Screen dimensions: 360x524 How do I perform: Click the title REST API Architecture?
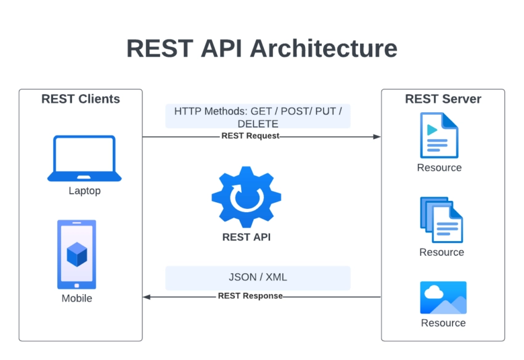click(x=261, y=48)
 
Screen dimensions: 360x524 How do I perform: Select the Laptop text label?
click(x=84, y=191)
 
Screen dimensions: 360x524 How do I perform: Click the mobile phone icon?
click(x=77, y=254)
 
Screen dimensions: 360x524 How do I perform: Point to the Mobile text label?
click(x=77, y=298)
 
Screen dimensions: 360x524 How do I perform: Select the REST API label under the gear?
click(x=246, y=237)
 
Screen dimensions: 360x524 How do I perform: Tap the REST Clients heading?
click(x=81, y=99)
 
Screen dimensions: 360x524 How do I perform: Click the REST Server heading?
click(x=443, y=99)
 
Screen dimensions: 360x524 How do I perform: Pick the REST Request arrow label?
click(x=250, y=136)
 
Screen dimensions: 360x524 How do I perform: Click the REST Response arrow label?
click(x=250, y=296)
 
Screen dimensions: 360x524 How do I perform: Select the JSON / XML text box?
click(x=258, y=277)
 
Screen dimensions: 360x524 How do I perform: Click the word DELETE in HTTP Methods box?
click(x=258, y=124)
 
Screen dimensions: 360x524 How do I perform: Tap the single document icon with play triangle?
click(x=439, y=135)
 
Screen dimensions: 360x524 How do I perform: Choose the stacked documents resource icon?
click(x=441, y=220)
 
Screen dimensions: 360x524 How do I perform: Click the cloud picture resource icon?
click(x=443, y=298)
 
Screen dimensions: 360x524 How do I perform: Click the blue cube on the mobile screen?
click(x=77, y=254)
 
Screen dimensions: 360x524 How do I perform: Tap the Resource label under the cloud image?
click(x=443, y=323)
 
